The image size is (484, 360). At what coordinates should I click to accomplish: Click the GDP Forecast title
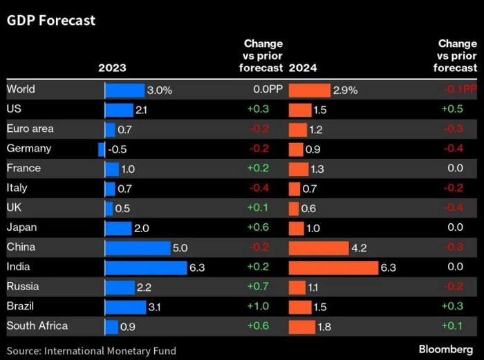tap(51, 21)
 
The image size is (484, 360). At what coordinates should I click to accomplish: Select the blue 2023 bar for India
tap(145, 267)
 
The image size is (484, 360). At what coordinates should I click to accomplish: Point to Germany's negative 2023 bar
tap(102, 149)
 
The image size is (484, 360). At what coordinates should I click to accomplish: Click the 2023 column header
tap(112, 68)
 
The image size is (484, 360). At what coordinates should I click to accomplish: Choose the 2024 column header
tap(302, 68)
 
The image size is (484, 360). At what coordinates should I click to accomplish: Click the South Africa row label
tap(37, 325)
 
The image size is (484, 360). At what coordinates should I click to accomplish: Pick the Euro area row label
tap(30, 129)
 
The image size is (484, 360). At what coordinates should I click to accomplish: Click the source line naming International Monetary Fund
tap(91, 350)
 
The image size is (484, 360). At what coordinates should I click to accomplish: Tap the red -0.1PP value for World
tap(460, 90)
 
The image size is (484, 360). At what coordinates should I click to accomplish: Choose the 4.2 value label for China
tap(358, 247)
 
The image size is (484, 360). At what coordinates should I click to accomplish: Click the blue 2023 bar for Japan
tap(118, 227)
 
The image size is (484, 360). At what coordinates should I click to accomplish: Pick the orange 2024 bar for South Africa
tap(301, 326)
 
